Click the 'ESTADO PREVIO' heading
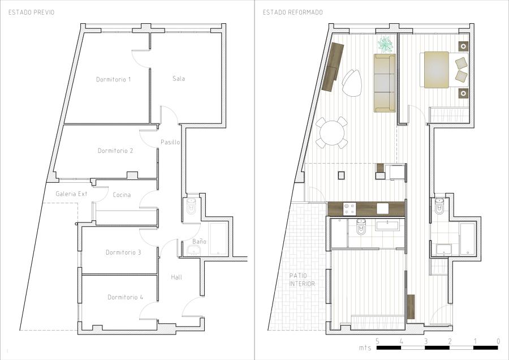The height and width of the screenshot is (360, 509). pyautogui.click(x=31, y=12)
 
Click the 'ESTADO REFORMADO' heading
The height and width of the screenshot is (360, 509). pyautogui.click(x=292, y=12)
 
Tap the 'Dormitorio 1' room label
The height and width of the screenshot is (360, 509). pyautogui.click(x=113, y=79)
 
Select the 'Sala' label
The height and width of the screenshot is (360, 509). pyautogui.click(x=179, y=78)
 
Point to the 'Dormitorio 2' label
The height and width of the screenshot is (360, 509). pyautogui.click(x=115, y=151)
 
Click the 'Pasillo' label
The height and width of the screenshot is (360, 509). pyautogui.click(x=170, y=142)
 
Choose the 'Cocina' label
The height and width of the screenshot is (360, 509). pyautogui.click(x=122, y=195)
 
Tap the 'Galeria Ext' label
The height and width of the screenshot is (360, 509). pyautogui.click(x=71, y=194)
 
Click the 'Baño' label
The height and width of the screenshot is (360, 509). pyautogui.click(x=199, y=241)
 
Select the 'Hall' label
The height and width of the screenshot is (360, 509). pyautogui.click(x=176, y=277)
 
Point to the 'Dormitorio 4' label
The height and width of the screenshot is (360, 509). pyautogui.click(x=126, y=297)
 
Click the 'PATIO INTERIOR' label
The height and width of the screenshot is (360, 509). pyautogui.click(x=302, y=280)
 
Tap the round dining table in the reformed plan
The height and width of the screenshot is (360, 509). pyautogui.click(x=332, y=132)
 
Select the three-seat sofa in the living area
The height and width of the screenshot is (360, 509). pyautogui.click(x=385, y=83)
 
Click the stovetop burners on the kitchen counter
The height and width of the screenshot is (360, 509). pyautogui.click(x=350, y=209)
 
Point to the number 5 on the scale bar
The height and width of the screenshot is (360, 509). pyautogui.click(x=377, y=341)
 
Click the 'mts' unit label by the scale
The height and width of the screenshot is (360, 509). pyautogui.click(x=365, y=348)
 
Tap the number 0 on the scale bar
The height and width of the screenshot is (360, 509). pyautogui.click(x=498, y=341)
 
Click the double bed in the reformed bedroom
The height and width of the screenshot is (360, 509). pyautogui.click(x=444, y=70)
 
